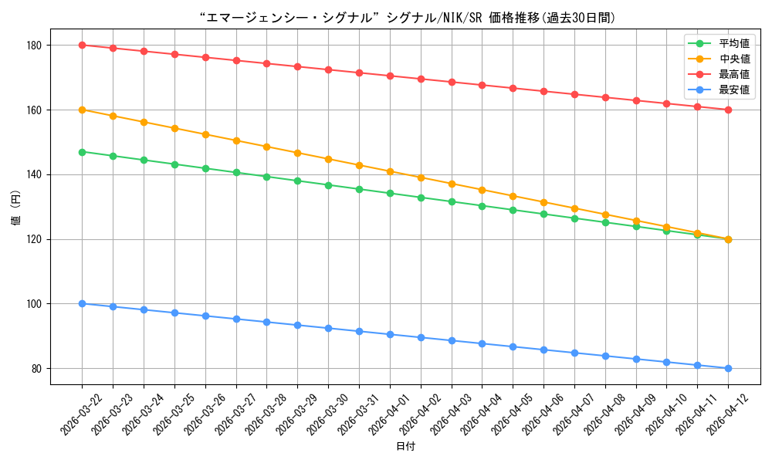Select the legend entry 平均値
tap(734, 43)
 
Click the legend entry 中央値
tap(734, 59)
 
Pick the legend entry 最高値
tap(734, 74)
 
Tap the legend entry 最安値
tap(734, 90)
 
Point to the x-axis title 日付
tap(405, 447)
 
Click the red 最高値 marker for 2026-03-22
tap(82, 45)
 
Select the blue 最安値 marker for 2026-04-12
tap(728, 368)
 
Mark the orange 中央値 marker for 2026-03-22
tap(82, 110)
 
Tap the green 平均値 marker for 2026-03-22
tap(82, 152)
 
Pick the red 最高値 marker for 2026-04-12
tap(728, 110)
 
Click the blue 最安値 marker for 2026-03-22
tap(82, 303)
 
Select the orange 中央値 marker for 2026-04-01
tap(390, 171)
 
